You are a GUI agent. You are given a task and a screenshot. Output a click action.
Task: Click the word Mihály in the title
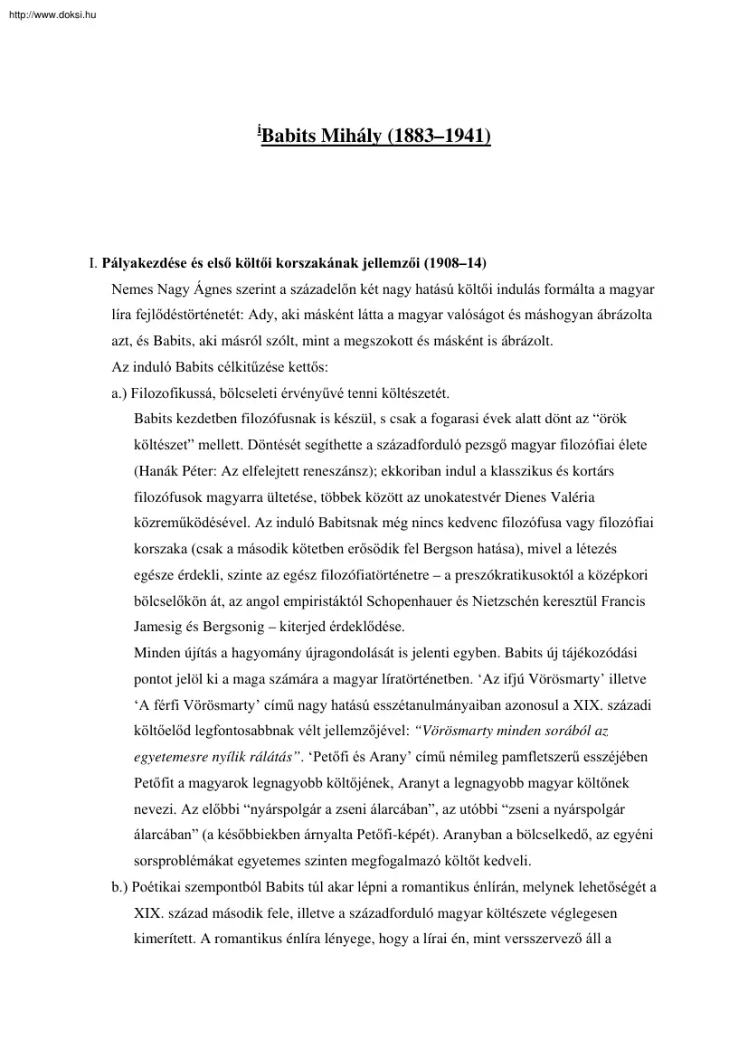click(x=352, y=137)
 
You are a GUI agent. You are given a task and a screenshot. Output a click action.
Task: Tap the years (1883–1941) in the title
click(x=438, y=137)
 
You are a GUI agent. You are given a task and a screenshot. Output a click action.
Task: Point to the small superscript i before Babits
click(x=259, y=132)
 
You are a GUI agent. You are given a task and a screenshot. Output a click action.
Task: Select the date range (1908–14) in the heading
click(x=454, y=263)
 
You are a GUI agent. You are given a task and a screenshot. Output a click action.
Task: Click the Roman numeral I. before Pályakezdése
click(x=92, y=263)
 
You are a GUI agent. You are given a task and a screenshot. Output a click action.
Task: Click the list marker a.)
click(x=120, y=394)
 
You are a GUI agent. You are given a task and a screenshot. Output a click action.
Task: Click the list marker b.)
click(x=121, y=886)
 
